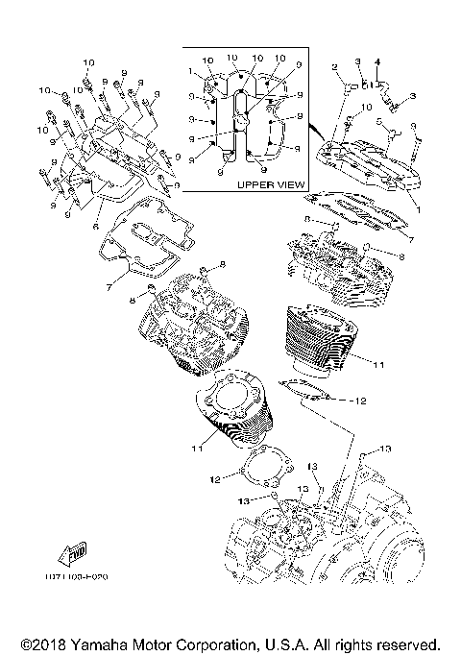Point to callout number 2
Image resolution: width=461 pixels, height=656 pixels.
pos(335,67)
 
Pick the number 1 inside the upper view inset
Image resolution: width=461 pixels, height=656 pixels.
pos(191,70)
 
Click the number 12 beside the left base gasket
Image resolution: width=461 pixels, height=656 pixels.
pos(217,477)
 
